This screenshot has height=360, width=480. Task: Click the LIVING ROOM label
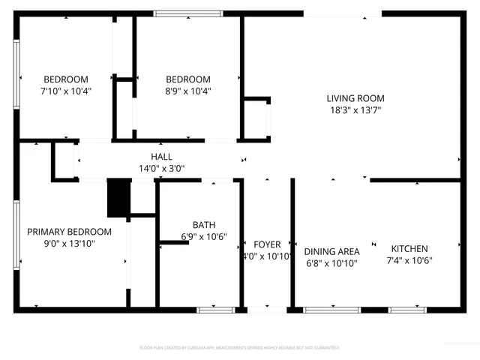click(x=355, y=98)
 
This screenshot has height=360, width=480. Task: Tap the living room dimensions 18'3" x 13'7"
click(x=355, y=110)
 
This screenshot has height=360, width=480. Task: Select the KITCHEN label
click(x=409, y=249)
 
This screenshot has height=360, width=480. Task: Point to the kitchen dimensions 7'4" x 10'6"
click(x=409, y=261)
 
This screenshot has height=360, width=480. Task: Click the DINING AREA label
click(x=331, y=252)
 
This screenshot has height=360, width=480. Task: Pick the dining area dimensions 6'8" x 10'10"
click(x=331, y=263)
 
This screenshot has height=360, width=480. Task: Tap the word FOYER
click(x=267, y=245)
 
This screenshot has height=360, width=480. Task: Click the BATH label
click(x=204, y=225)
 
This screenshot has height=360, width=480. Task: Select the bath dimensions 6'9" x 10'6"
click(x=204, y=237)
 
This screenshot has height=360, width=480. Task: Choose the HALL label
click(x=161, y=157)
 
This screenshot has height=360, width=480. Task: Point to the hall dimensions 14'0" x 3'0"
click(x=161, y=169)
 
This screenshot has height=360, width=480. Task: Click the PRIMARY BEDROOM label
click(x=69, y=232)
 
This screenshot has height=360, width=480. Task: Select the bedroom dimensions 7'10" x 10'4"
click(x=66, y=91)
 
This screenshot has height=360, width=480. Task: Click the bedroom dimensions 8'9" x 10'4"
click(x=187, y=91)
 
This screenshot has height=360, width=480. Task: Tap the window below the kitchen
click(x=407, y=309)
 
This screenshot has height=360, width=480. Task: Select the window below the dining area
click(x=326, y=309)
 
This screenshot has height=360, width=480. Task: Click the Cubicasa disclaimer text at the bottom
click(x=240, y=348)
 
